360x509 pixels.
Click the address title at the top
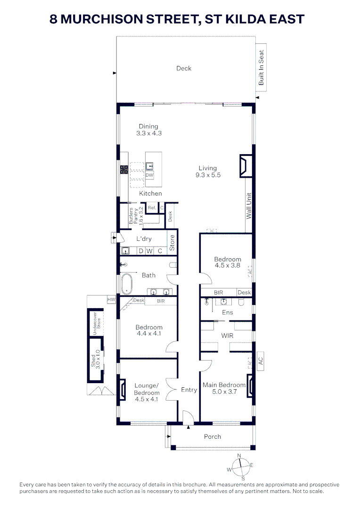(x=177, y=19)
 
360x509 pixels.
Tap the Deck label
(x=184, y=68)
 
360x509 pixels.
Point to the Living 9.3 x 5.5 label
(x=207, y=171)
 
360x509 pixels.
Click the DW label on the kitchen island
(x=149, y=175)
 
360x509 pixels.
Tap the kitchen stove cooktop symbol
(x=124, y=170)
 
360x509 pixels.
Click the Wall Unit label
(x=249, y=205)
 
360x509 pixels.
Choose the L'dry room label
(x=144, y=239)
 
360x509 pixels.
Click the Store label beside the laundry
(x=172, y=242)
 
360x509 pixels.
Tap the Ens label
(x=227, y=312)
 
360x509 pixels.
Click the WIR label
(x=227, y=336)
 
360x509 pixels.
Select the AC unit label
(x=260, y=361)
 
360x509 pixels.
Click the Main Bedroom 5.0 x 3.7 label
(x=224, y=388)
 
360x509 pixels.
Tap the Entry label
(x=189, y=390)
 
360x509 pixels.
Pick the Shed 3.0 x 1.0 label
(x=96, y=359)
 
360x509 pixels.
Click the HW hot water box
(x=112, y=300)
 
